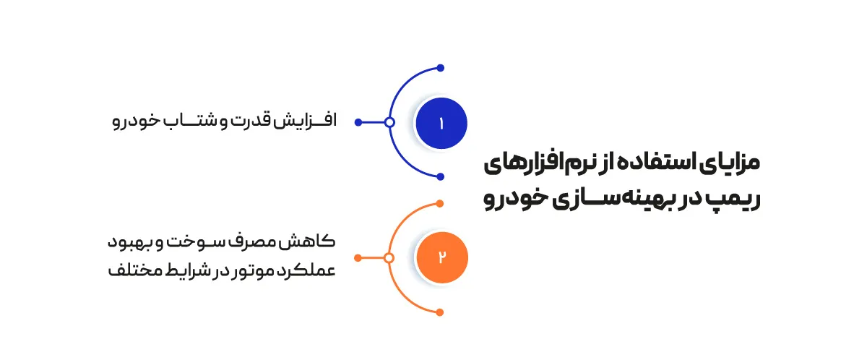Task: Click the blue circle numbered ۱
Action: tap(441, 123)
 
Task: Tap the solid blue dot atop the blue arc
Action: tap(441, 68)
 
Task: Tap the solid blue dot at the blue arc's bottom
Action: tap(441, 176)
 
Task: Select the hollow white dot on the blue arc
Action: tap(389, 122)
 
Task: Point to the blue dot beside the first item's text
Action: tap(358, 122)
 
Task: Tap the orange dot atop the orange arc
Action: tap(440, 204)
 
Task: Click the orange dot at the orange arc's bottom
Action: tap(440, 312)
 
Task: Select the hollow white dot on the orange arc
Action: tap(389, 258)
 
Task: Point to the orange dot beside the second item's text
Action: tap(358, 258)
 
